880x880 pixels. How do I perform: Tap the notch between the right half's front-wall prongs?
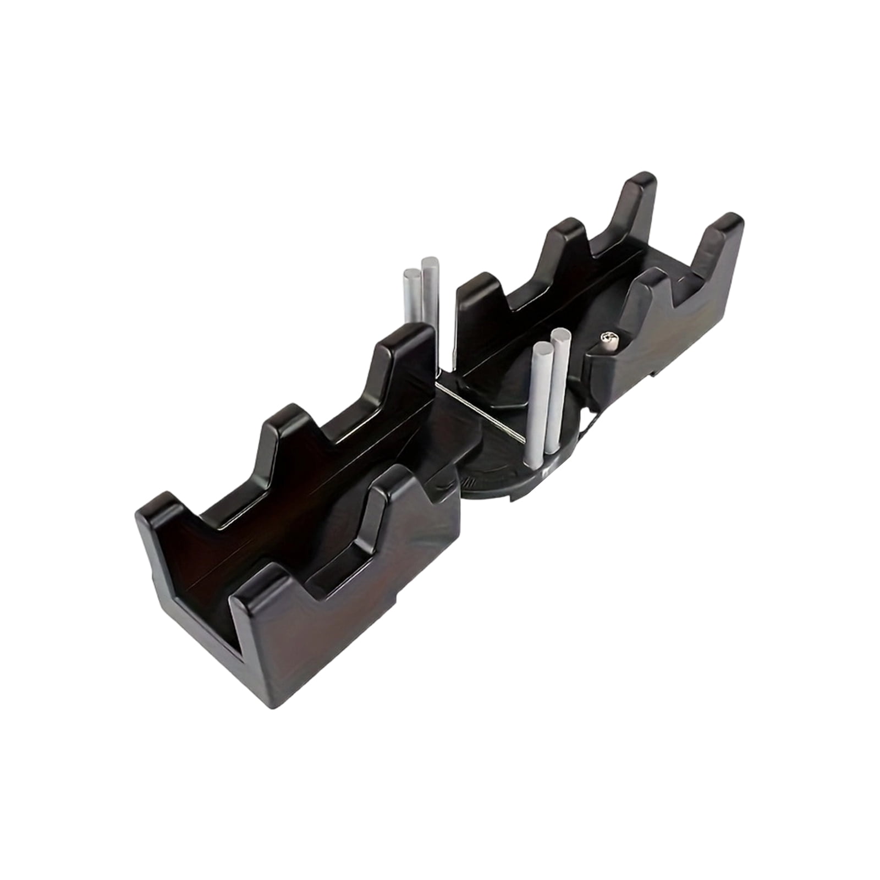pos(682,291)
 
